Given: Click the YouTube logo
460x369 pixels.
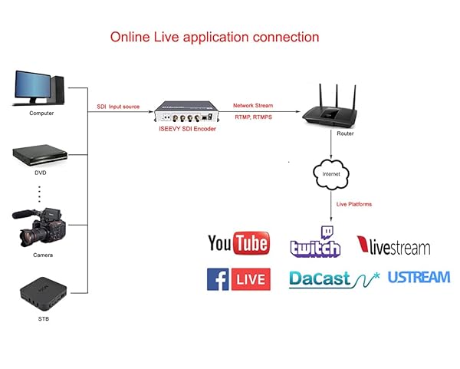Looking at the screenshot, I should click(x=238, y=244).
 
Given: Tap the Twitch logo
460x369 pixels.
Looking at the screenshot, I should click(x=315, y=242).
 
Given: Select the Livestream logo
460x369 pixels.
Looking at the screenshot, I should click(x=394, y=245).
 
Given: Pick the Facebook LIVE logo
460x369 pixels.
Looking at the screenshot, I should click(x=238, y=278).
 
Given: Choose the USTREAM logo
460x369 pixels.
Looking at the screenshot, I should click(x=419, y=277).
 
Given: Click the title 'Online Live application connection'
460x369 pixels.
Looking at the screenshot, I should click(x=215, y=37).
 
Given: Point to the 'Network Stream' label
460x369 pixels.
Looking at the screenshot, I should click(x=253, y=105).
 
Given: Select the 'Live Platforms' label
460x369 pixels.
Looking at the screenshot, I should click(x=354, y=204).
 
